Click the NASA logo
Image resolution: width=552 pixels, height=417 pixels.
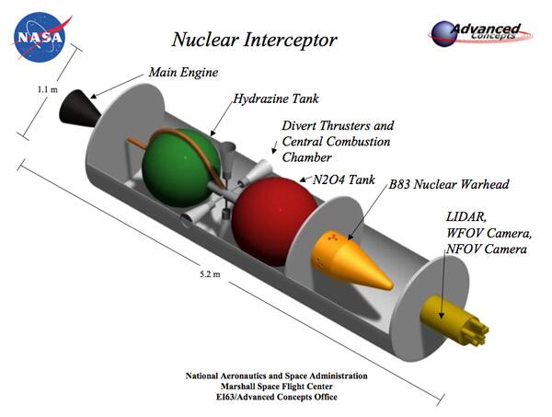39,37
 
